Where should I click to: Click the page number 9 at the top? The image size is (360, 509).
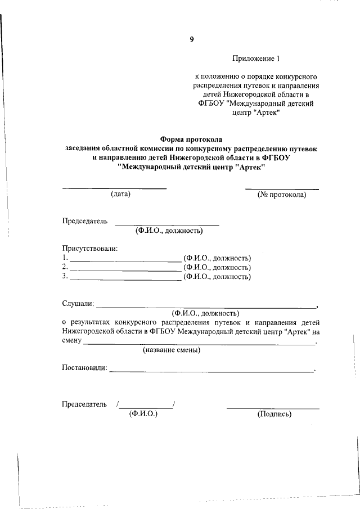(191, 39)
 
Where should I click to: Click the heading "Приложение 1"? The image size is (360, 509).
(255, 58)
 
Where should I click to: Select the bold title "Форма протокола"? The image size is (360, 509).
(191, 138)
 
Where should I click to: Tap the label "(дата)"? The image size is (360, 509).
(120, 195)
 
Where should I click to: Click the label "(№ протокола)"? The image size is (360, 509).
(282, 195)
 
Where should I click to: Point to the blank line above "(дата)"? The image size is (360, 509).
(114, 188)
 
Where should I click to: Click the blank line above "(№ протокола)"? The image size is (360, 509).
(282, 188)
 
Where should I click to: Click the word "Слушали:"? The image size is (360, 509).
(78, 304)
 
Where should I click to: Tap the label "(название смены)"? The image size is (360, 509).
(172, 350)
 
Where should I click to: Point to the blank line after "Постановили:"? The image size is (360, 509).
(211, 371)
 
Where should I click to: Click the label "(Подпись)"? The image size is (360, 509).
(274, 414)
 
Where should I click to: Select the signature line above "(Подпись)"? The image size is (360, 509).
(273, 408)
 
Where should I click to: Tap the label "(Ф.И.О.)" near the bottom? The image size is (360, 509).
(143, 414)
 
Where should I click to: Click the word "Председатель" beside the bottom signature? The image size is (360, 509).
(84, 404)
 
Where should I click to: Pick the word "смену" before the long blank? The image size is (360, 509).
(73, 341)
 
